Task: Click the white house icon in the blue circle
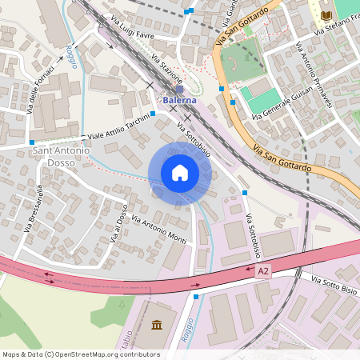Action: pyautogui.click(x=180, y=172)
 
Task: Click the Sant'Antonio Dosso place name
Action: pyautogui.click(x=62, y=157)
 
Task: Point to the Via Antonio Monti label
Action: pyautogui.click(x=158, y=230)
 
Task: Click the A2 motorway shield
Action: pyautogui.click(x=264, y=272)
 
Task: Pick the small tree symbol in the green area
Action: pyautogui.click(x=122, y=304)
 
